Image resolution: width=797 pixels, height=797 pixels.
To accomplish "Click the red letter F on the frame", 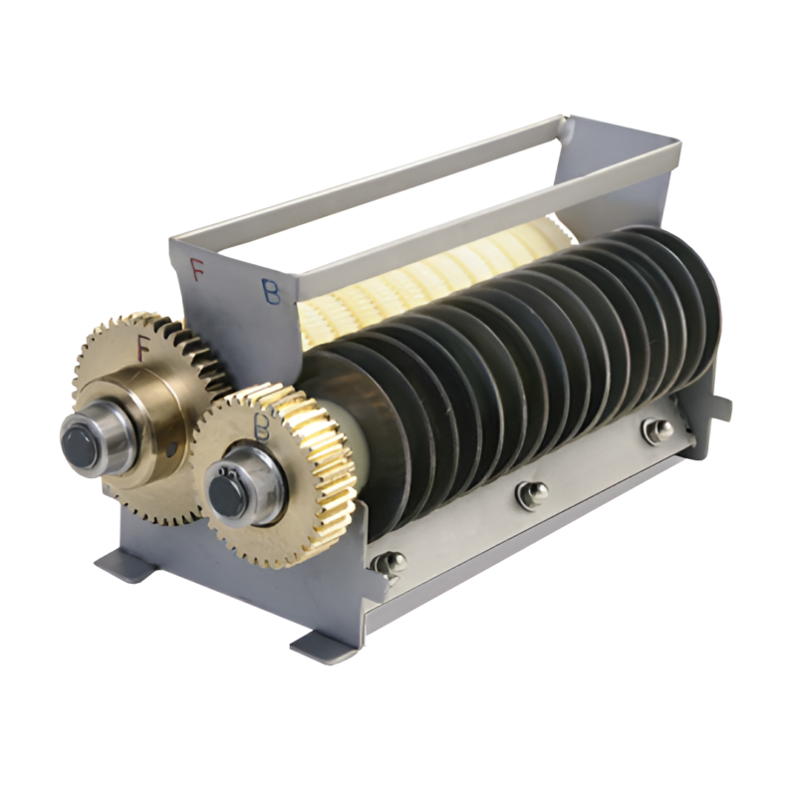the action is tap(196, 268).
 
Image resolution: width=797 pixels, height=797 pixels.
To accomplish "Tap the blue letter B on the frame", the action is tap(271, 291).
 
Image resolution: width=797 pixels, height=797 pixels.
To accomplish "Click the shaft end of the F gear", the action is tap(84, 438).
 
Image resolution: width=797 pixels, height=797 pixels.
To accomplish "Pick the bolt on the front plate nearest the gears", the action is tap(388, 563).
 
